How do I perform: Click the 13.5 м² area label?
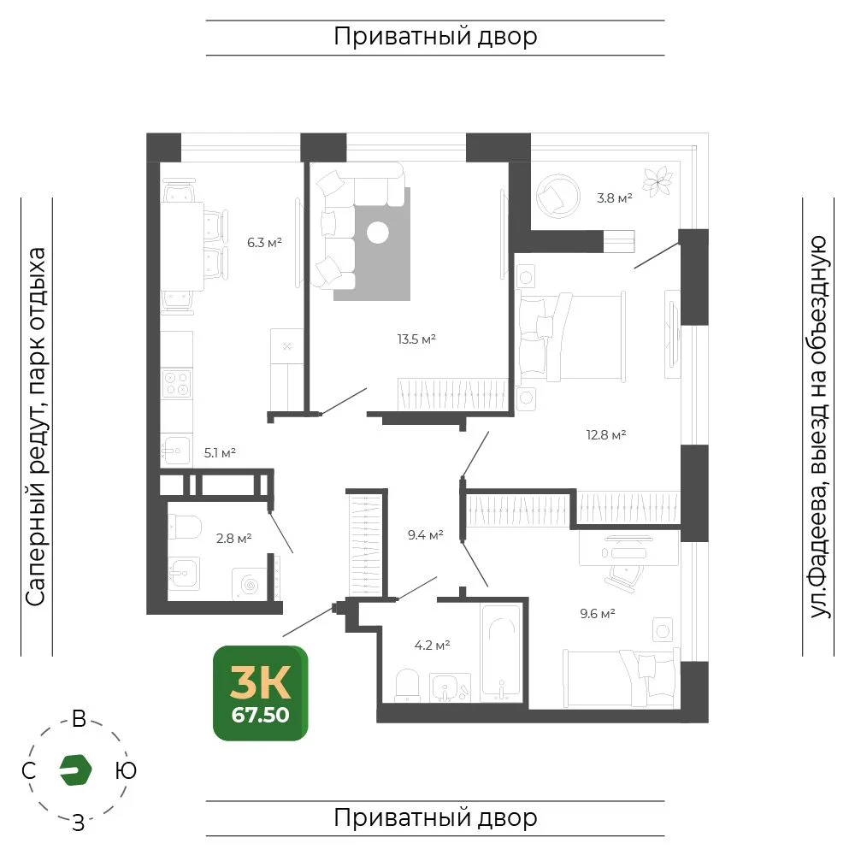[x=416, y=339]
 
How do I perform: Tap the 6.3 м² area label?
[x=264, y=242]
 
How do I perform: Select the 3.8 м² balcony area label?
[x=615, y=198]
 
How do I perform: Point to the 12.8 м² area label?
[x=606, y=435]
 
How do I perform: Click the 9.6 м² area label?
[x=598, y=613]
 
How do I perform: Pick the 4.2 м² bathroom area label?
[x=432, y=646]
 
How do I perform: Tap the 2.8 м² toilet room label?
[x=234, y=539]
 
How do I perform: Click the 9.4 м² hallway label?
[x=425, y=535]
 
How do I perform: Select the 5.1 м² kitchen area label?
[x=220, y=452]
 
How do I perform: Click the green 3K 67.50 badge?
[x=261, y=693]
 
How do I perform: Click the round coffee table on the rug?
[x=378, y=233]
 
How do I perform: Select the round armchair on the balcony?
[x=557, y=196]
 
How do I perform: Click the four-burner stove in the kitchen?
[x=177, y=383]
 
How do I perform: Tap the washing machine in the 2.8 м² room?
[x=250, y=585]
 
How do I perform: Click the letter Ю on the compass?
[x=126, y=770]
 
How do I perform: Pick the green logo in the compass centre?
[x=75, y=770]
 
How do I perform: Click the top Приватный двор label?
[x=435, y=37]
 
